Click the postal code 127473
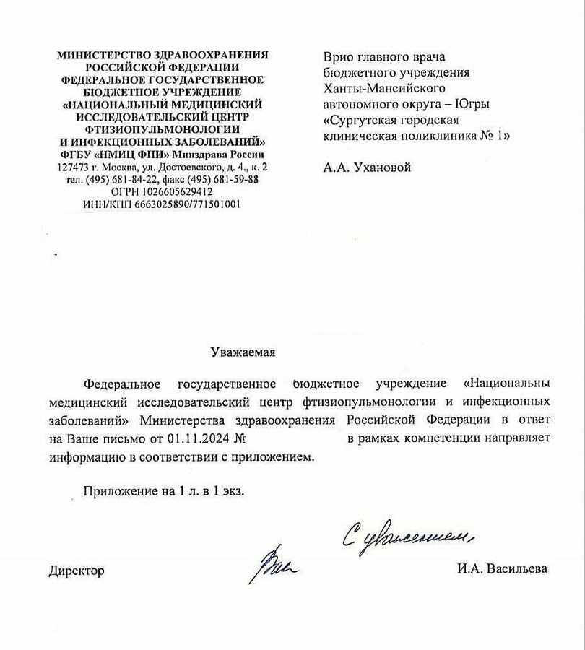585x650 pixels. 73,168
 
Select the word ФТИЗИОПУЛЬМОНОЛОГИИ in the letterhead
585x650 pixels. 162,128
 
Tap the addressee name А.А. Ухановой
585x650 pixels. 367,168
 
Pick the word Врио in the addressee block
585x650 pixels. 337,56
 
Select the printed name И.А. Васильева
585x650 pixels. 501,569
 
